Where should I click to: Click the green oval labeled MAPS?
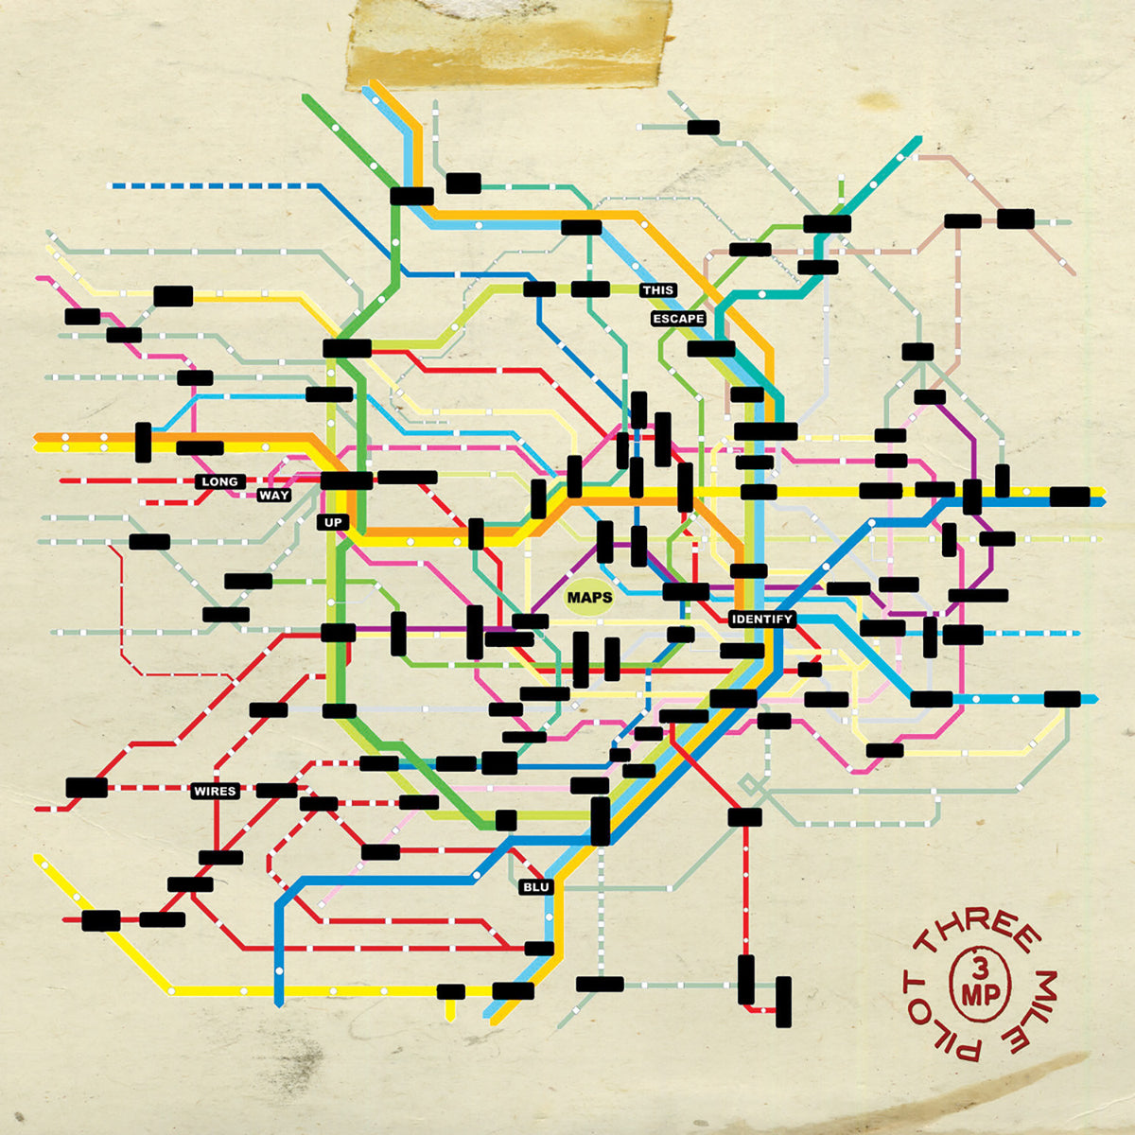(x=589, y=598)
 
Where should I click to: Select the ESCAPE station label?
(x=678, y=319)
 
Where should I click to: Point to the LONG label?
(x=219, y=481)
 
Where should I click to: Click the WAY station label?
(x=274, y=495)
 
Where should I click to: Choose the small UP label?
(x=333, y=522)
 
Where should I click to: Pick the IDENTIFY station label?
(x=761, y=619)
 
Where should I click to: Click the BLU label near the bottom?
(x=535, y=887)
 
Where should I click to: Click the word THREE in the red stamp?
(x=979, y=929)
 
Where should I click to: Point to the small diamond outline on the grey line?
(x=748, y=784)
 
